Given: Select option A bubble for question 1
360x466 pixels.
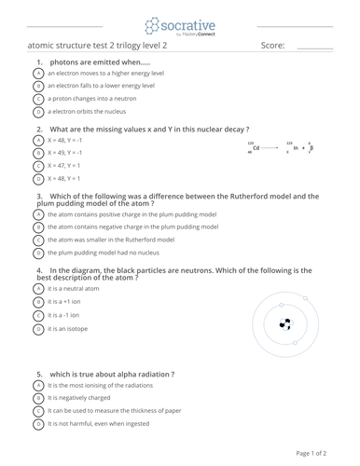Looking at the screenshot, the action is [x=38, y=73].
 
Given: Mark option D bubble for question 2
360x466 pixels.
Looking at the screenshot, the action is [x=38, y=178].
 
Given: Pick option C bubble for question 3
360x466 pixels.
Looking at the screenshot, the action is [x=38, y=240].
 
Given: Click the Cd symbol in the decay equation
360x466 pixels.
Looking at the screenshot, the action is [x=256, y=147].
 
